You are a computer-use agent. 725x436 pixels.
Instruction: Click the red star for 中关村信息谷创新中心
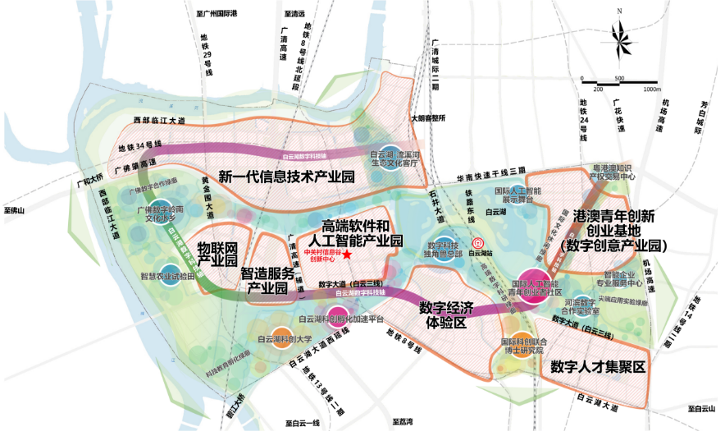[x=347, y=255]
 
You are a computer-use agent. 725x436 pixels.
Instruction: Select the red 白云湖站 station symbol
[x=478, y=243]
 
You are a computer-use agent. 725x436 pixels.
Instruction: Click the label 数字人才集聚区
[x=598, y=367]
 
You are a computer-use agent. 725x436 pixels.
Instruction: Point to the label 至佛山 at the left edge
[x=14, y=211]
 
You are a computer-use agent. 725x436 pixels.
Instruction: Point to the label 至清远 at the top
[x=294, y=14]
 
